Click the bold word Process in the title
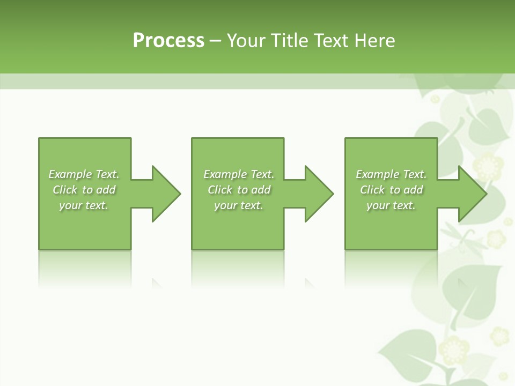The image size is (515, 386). (168, 41)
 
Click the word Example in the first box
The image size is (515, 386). (70, 174)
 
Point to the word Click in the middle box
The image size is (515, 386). (219, 190)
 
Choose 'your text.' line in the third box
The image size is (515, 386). (391, 205)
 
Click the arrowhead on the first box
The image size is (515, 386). (166, 194)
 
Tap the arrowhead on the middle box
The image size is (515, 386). (319, 194)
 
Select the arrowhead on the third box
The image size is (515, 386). (472, 194)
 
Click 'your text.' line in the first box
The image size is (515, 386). (84, 205)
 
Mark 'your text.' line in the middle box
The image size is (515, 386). (238, 205)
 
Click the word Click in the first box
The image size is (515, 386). (65, 190)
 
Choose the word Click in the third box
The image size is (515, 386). (372, 190)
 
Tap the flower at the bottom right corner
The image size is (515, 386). (499, 337)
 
